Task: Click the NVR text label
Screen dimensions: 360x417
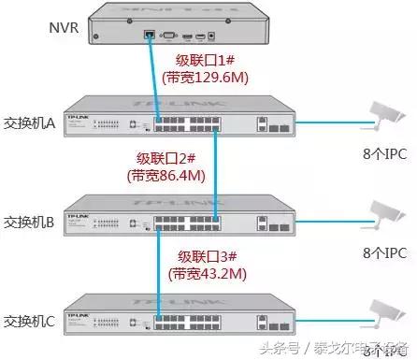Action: pyautogui.click(x=63, y=25)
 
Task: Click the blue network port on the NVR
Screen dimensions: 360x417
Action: pyautogui.click(x=150, y=35)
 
